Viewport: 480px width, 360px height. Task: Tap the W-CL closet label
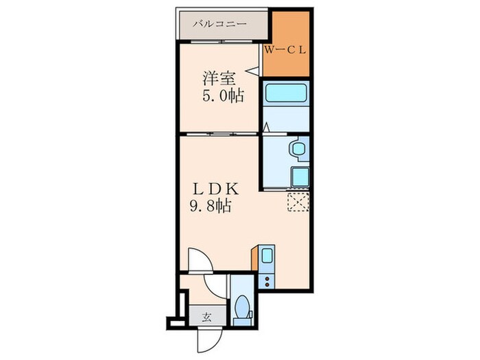(287, 49)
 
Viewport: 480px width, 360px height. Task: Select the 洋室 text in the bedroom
(214, 77)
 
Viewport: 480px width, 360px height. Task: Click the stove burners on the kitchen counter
(267, 280)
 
